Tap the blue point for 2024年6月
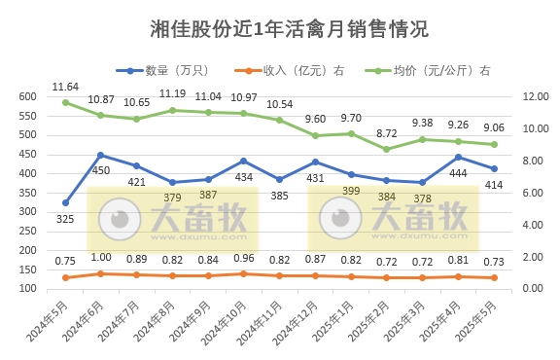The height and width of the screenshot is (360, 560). [101, 155]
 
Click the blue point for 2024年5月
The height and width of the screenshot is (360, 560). [65, 202]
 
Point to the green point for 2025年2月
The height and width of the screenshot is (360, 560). [386, 149]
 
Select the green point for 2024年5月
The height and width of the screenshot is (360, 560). [65, 102]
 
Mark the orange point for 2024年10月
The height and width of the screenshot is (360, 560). [243, 273]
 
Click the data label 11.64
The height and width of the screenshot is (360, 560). [66, 87]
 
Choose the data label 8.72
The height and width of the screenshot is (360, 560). [386, 132]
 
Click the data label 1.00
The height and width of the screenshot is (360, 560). [101, 257]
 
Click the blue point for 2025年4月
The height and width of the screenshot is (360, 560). [458, 157]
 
